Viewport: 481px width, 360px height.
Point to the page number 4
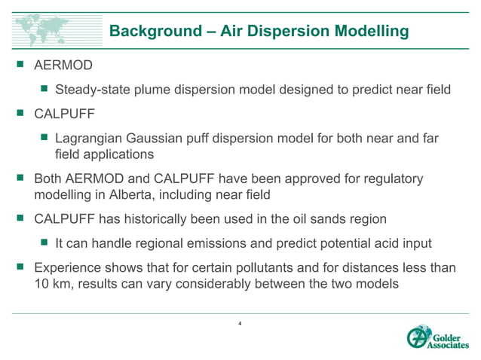(x=239, y=325)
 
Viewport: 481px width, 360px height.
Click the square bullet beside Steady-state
(x=44, y=90)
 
